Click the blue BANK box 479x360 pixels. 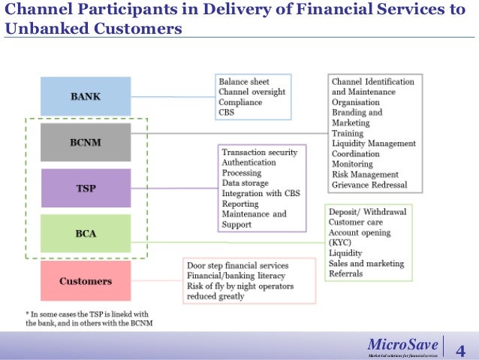pyautogui.click(x=86, y=96)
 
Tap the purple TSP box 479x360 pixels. pyautogui.click(x=86, y=188)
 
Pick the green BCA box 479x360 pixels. pyautogui.click(x=86, y=234)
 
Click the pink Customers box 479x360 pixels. pyautogui.click(x=86, y=281)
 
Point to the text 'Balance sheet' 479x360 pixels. pyautogui.click(x=243, y=81)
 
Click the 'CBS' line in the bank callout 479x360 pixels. pyautogui.click(x=226, y=113)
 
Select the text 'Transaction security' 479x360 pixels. pyautogui.click(x=259, y=152)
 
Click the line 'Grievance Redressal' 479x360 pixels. pyautogui.click(x=369, y=185)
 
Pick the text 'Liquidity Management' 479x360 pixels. pyautogui.click(x=373, y=143)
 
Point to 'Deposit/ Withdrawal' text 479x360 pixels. pyautogui.click(x=367, y=212)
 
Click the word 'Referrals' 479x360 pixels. pyautogui.click(x=345, y=274)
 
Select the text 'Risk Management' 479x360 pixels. pyautogui.click(x=366, y=174)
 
